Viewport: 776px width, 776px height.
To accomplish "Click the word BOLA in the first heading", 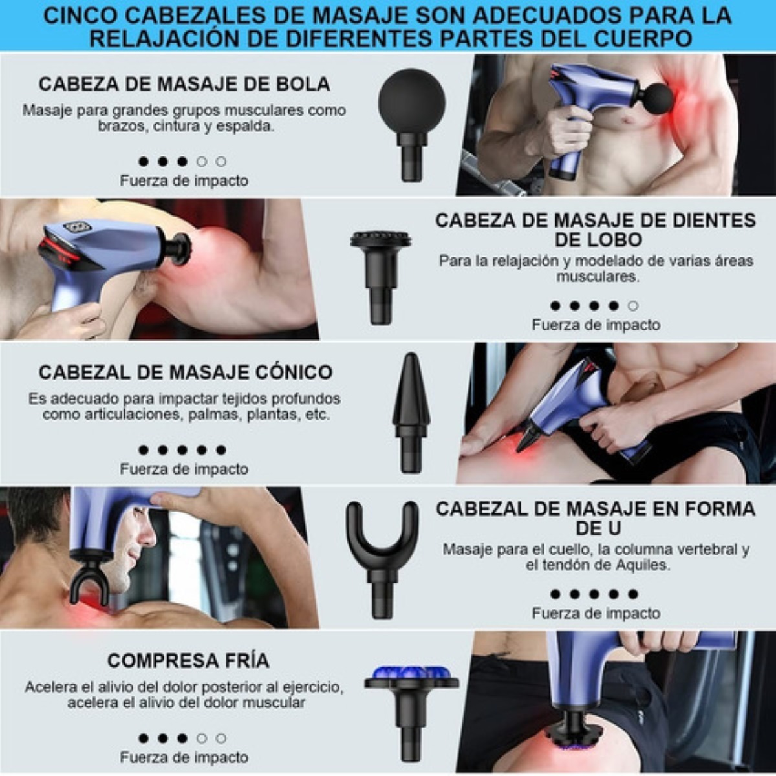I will [x=303, y=84].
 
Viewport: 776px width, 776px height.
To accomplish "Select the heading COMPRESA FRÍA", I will [x=188, y=661].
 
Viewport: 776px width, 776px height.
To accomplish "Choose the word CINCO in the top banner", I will [x=83, y=16].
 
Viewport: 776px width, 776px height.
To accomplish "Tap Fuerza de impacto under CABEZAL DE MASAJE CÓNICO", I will [x=184, y=469].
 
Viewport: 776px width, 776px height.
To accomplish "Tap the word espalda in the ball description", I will [x=246, y=126].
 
